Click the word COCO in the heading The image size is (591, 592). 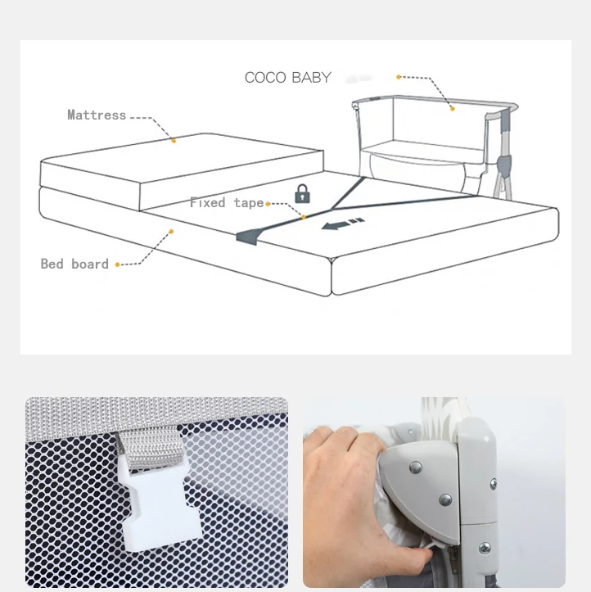point(264,78)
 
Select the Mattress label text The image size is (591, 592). point(97,115)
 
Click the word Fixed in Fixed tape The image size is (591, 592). point(208,202)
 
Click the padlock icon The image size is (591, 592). point(303,194)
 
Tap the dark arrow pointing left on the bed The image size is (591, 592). point(342,224)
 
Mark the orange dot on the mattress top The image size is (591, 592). point(174,140)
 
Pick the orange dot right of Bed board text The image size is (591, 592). point(117,264)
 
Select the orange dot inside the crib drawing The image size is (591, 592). point(451,106)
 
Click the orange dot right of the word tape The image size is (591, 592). point(268,203)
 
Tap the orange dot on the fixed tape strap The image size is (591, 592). point(303,217)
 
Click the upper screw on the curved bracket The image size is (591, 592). point(415,468)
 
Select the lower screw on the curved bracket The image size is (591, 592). point(445,498)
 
